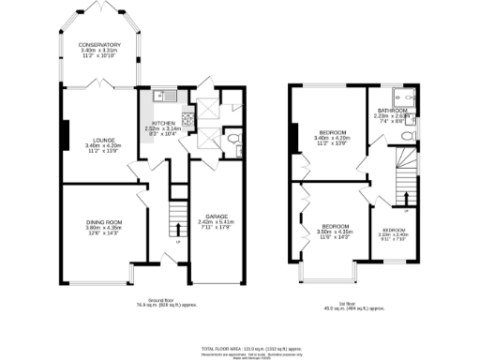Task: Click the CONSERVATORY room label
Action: tap(99, 45)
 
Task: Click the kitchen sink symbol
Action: tap(160, 94)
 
